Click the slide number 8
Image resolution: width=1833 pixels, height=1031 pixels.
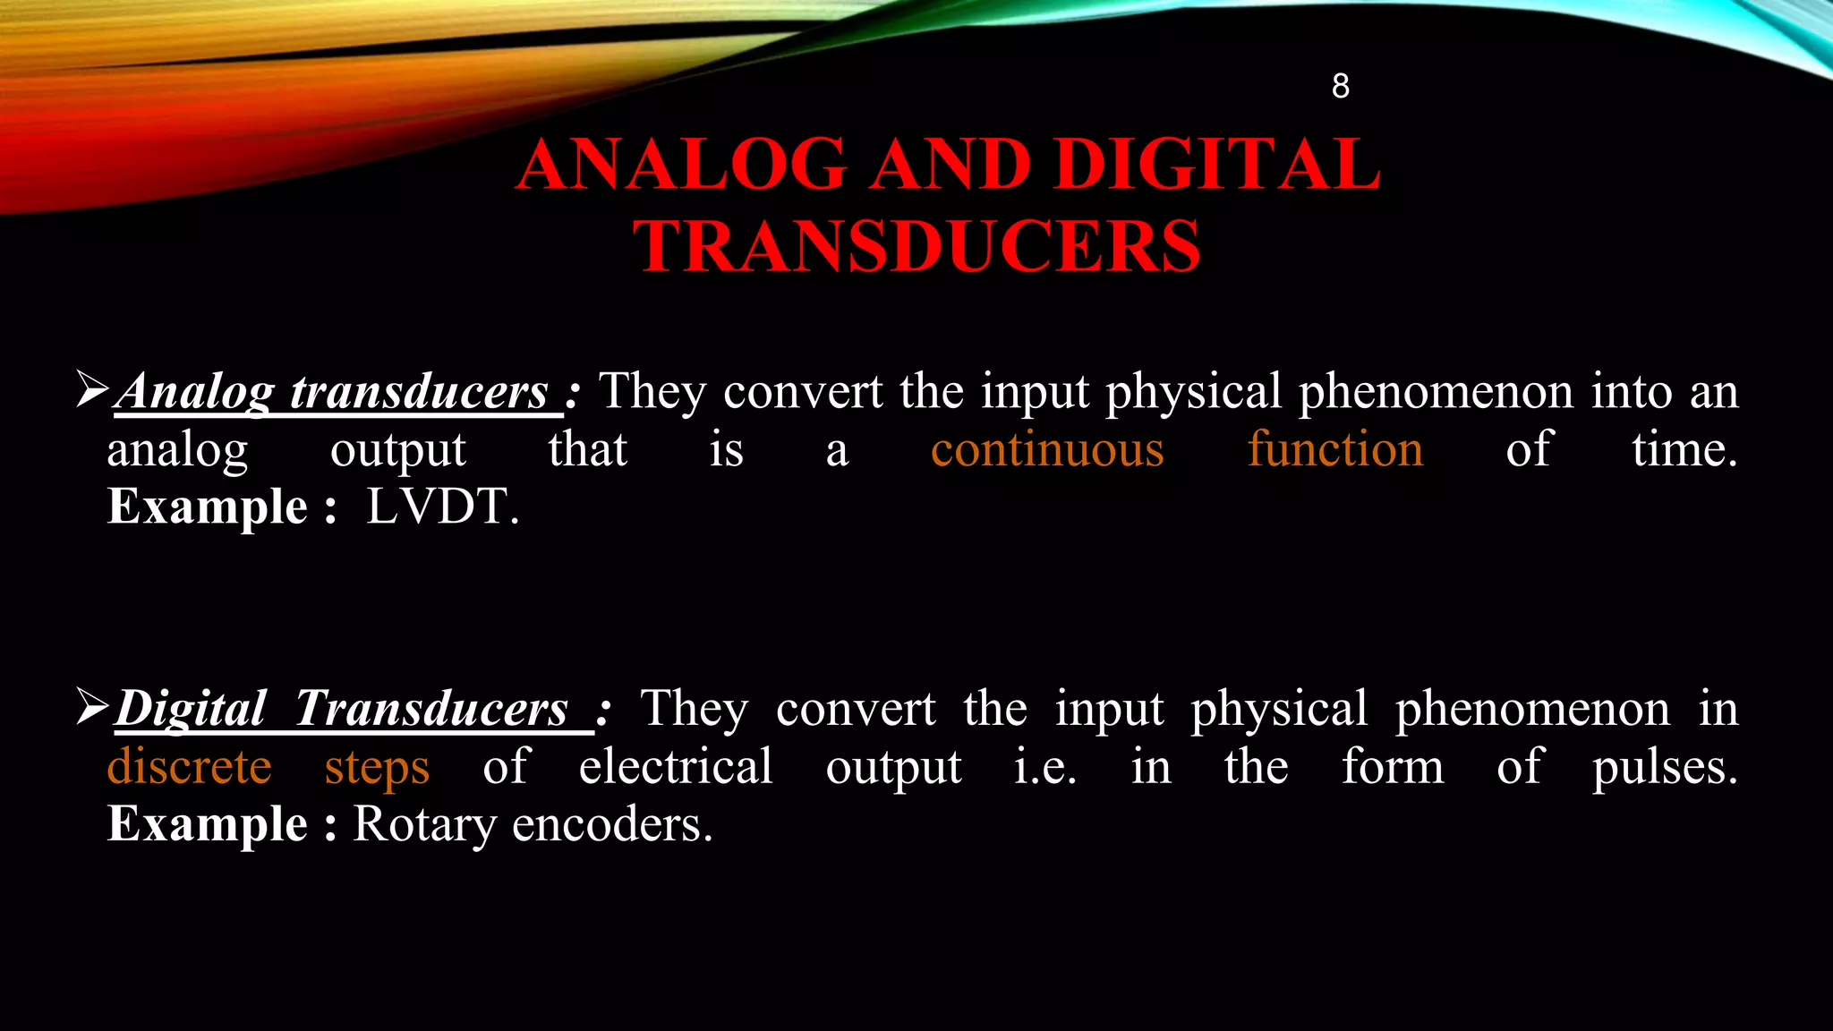tap(1340, 86)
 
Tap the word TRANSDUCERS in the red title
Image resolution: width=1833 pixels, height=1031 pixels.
tap(917, 246)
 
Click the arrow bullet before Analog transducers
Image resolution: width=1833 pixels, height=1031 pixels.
tap(92, 390)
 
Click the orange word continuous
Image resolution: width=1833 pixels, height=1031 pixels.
tap(1047, 449)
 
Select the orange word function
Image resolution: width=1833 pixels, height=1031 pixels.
tap(1335, 449)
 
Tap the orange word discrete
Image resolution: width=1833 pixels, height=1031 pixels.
tap(189, 767)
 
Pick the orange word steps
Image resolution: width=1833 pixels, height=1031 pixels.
tap(377, 767)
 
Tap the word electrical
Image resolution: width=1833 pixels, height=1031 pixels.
tap(676, 767)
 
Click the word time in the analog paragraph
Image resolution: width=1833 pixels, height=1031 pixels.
tap(1683, 449)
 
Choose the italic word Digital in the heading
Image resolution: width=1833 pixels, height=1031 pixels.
tap(191, 709)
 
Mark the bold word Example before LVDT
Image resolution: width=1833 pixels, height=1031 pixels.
tap(208, 507)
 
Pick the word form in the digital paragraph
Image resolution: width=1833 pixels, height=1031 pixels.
tap(1393, 767)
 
